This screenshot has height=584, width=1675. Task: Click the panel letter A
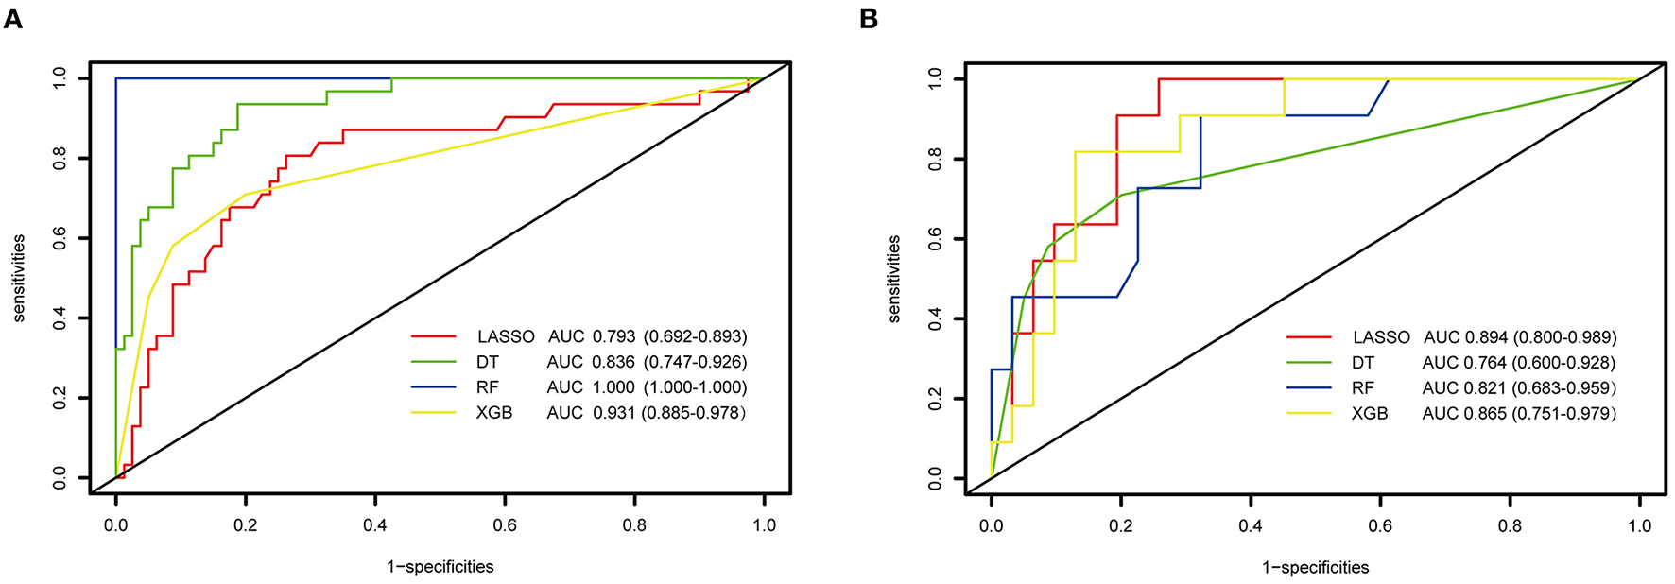[12, 18]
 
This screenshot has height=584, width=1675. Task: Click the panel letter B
[868, 18]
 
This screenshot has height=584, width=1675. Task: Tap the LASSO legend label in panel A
[506, 336]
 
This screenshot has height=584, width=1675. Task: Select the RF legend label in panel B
[1362, 388]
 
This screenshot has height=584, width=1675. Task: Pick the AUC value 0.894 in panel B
[1486, 337]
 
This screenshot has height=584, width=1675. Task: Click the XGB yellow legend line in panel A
[434, 413]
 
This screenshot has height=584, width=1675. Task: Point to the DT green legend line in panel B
[1308, 363]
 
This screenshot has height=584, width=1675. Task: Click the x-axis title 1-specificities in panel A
[440, 567]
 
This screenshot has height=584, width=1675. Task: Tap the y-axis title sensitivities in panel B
[893, 280]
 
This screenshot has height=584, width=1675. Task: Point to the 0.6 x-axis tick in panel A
[505, 525]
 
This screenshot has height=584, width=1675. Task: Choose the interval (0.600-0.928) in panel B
[1563, 363]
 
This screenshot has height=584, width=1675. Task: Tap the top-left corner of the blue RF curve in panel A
[116, 78]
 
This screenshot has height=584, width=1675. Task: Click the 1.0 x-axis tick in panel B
[1639, 525]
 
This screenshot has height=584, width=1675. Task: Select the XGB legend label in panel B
[1370, 414]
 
